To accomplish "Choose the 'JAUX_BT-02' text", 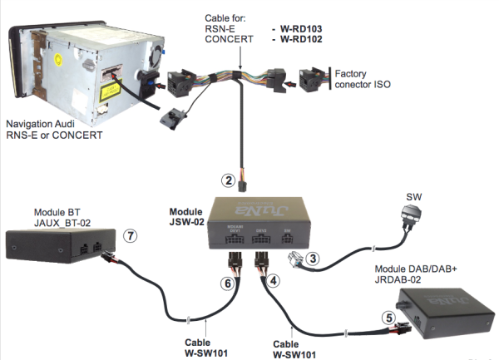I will pyautogui.click(x=63, y=222).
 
